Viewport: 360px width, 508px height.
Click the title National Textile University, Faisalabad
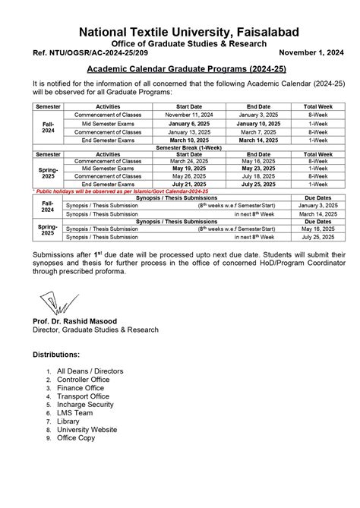(x=180, y=31)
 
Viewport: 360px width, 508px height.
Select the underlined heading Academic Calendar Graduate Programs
(x=180, y=68)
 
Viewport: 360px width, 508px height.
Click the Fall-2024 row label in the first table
(x=47, y=126)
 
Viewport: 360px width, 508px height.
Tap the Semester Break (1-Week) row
(x=180, y=147)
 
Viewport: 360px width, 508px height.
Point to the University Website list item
(x=87, y=429)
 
